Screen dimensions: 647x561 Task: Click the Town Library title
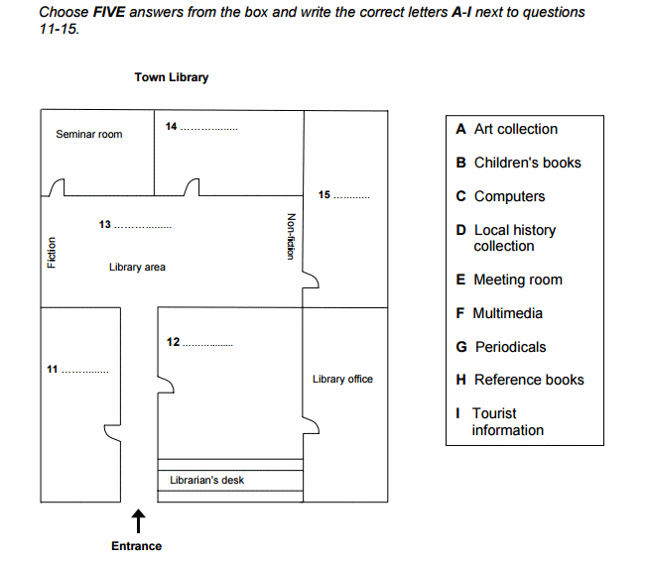(172, 77)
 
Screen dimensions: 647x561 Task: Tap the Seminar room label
(89, 135)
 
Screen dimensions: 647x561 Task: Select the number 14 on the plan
(172, 126)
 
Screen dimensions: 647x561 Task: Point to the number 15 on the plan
(323, 194)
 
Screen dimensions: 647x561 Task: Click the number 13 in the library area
(105, 224)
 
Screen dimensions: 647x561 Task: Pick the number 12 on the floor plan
(173, 342)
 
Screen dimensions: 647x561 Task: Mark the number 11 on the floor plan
(52, 369)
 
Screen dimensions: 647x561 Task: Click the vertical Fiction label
(52, 253)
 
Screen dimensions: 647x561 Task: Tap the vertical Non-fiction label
(291, 236)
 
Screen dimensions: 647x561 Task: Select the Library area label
(137, 267)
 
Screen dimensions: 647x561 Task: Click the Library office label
(342, 380)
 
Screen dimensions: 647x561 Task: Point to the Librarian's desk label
(206, 480)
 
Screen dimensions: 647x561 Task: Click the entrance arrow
(138, 521)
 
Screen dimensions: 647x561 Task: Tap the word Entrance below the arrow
(137, 546)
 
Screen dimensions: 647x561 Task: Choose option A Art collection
(507, 129)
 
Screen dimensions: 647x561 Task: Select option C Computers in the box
(500, 196)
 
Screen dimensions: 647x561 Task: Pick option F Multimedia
(499, 313)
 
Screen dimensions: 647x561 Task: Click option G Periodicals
(501, 347)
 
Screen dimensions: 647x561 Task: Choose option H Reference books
(520, 380)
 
